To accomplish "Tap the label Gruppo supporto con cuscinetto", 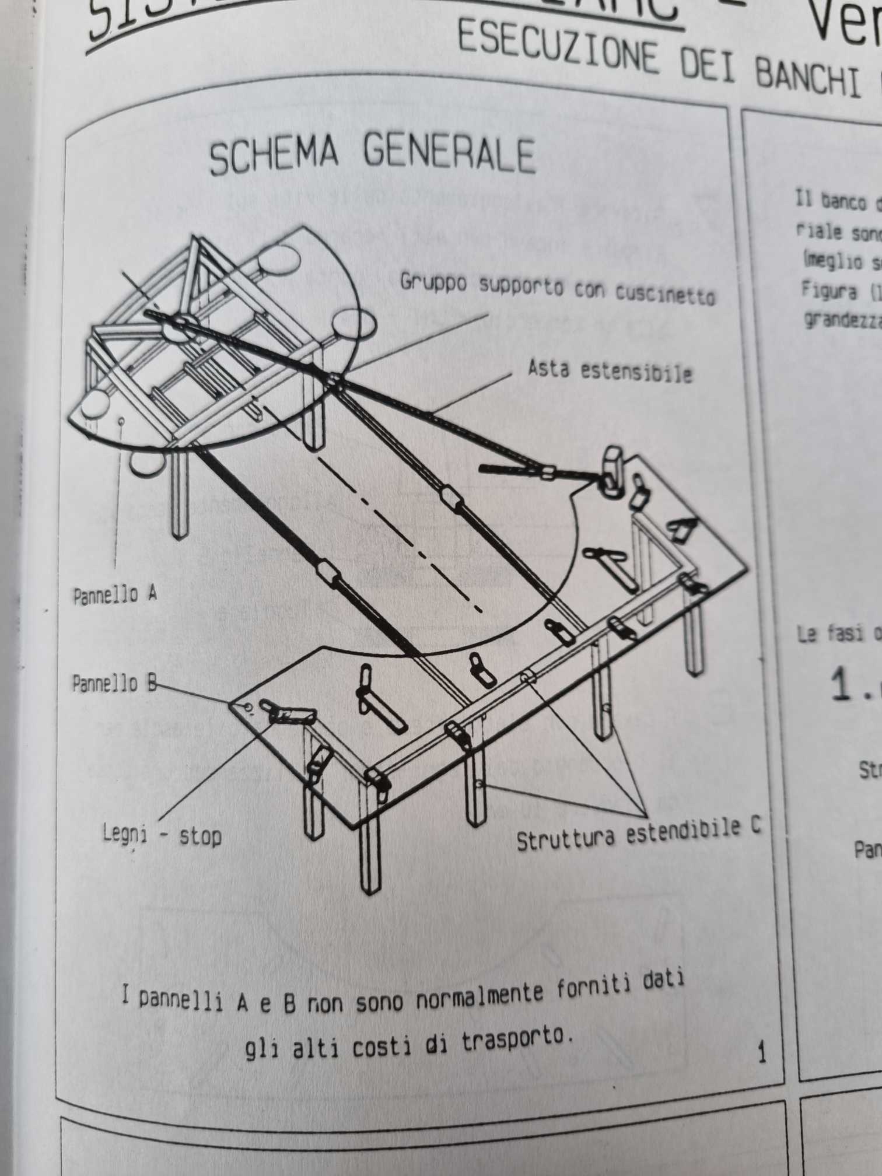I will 557,290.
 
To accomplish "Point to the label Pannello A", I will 115,595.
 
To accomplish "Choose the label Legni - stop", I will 162,835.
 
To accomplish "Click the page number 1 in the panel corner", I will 761,1053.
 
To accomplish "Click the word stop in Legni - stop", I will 200,837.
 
